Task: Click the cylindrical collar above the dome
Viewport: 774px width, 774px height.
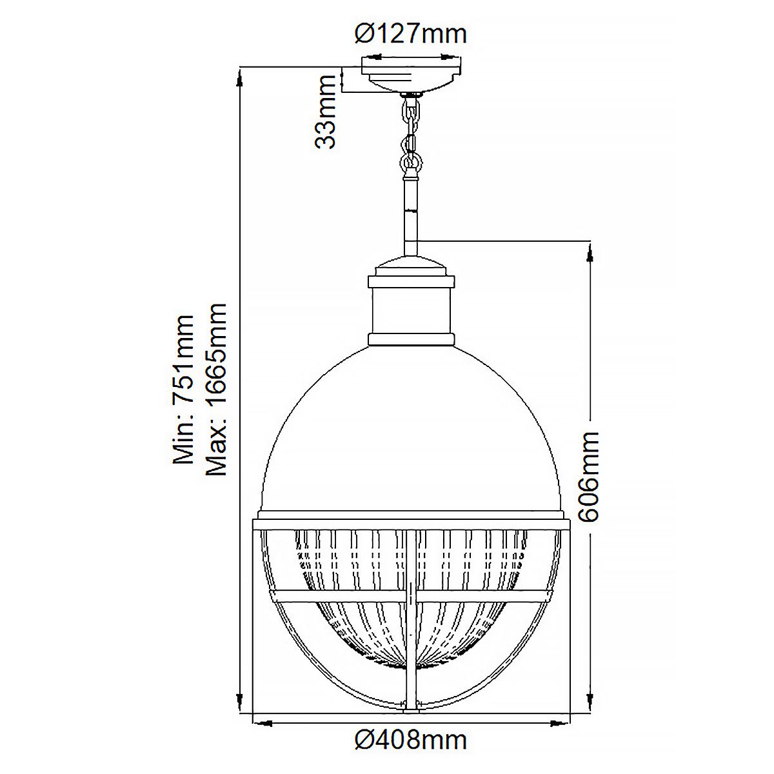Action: [x=411, y=310]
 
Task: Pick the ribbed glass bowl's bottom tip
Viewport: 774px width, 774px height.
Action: [x=411, y=671]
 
